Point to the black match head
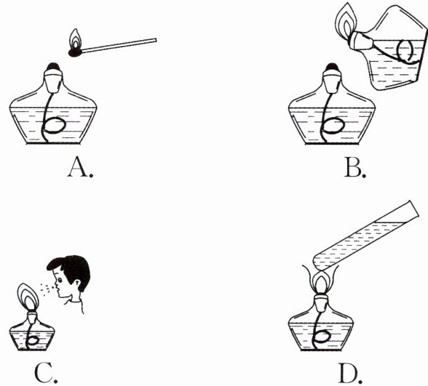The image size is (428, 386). pos(75,52)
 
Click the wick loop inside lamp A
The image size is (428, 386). pos(55,125)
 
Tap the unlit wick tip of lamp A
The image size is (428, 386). pos(53,67)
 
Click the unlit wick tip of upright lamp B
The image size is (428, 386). pos(332,67)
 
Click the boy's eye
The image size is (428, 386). pos(60,280)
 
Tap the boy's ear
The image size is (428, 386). pos(77,286)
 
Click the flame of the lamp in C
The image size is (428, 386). pos(28,297)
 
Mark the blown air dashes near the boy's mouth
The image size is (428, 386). pos(47,289)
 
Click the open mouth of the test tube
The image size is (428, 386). pos(413,209)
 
